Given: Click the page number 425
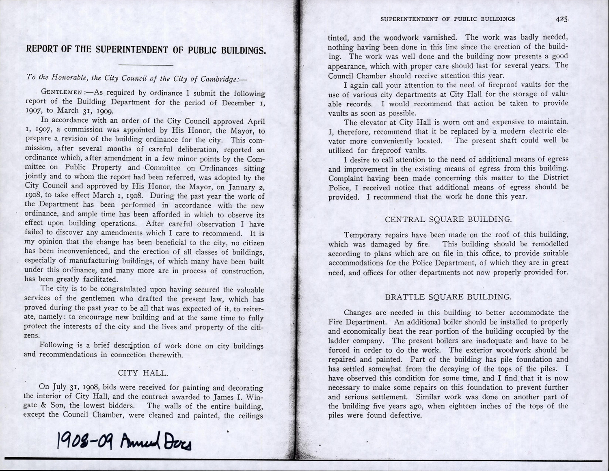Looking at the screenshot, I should click(562, 19).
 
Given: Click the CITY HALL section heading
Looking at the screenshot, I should click(143, 373).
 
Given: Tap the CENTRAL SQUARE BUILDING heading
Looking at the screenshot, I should click(448, 219).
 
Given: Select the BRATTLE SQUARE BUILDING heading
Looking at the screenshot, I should click(448, 297).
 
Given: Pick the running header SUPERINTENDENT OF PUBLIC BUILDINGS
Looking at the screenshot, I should click(447, 19).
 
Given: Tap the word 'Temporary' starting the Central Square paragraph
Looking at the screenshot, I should click(362, 235).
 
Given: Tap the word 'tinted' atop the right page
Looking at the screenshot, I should click(338, 38).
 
